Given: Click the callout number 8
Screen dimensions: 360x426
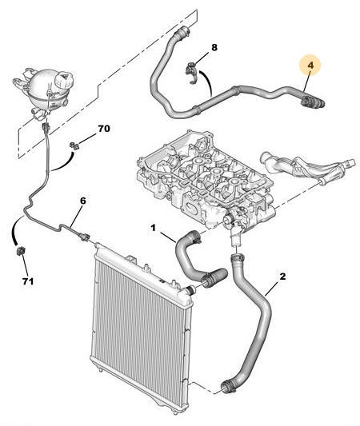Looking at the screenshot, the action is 214,47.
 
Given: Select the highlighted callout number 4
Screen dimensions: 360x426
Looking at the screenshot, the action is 310,66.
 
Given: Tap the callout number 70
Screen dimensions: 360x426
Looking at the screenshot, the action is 104,129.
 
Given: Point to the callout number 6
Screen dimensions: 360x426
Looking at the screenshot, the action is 83,201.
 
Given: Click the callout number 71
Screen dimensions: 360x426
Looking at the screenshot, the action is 28,281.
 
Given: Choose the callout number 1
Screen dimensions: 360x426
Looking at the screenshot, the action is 154,228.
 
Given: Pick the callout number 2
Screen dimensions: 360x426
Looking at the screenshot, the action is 282,277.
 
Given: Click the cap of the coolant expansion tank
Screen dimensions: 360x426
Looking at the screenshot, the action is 64,78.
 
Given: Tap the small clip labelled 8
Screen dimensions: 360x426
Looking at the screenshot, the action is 191,73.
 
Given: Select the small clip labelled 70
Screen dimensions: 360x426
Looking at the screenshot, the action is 74,146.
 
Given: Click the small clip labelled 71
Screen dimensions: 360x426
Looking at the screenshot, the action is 21,250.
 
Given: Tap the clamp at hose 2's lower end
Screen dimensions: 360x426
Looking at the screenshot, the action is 228,387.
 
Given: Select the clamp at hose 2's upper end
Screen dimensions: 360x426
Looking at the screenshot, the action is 238,257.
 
